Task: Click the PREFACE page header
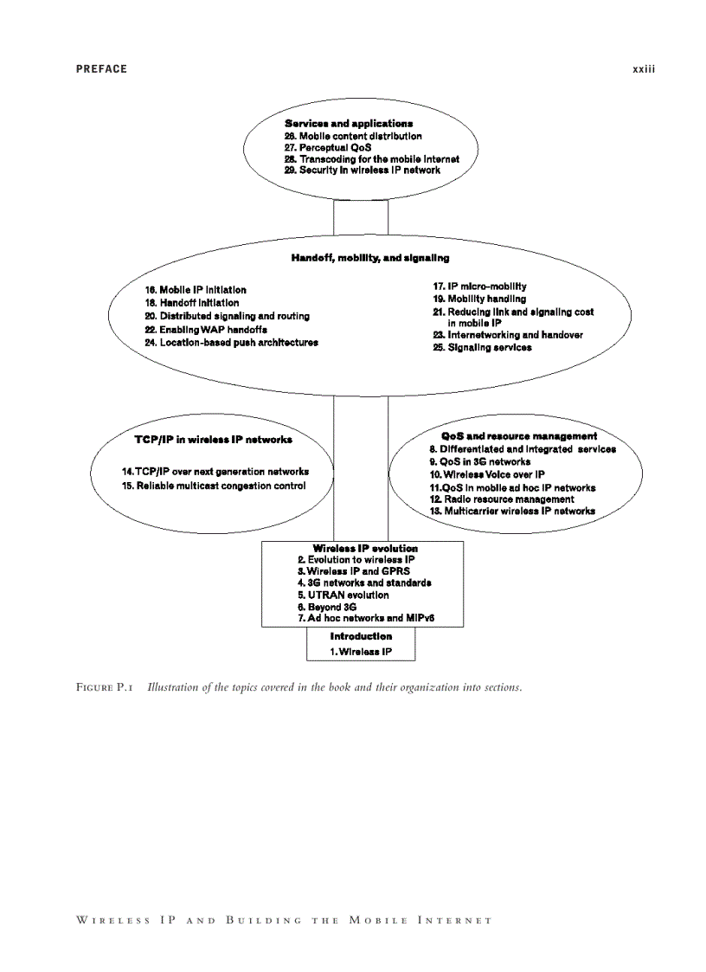point(101,69)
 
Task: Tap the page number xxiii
point(644,69)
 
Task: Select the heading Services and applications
point(349,124)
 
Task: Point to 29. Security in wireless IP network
point(363,171)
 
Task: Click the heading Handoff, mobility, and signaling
point(369,258)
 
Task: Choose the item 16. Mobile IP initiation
point(196,290)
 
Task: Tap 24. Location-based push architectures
point(231,343)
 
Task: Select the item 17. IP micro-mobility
point(480,286)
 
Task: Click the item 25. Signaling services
point(482,348)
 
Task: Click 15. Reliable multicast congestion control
point(214,486)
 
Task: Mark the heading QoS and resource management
point(519,436)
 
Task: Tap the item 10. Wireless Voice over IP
point(487,474)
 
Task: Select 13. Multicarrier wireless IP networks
point(512,512)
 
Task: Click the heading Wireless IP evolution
point(365,548)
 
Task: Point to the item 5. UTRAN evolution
point(343,595)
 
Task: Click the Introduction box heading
point(361,636)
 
